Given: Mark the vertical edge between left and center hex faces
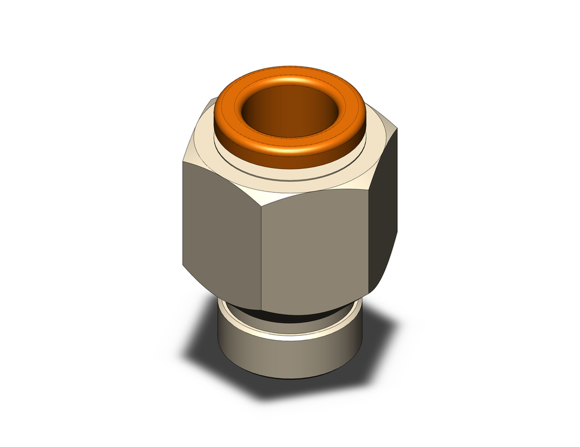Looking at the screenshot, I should (x=261, y=255).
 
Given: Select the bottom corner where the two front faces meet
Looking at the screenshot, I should (x=261, y=310).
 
